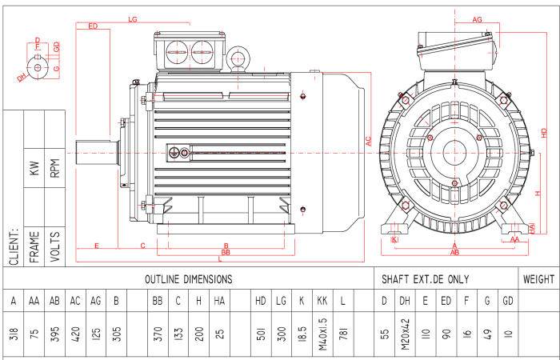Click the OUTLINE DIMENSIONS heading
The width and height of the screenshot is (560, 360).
pyautogui.click(x=188, y=279)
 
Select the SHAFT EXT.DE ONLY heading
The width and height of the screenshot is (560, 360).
pyautogui.click(x=426, y=279)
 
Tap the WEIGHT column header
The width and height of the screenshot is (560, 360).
pyautogui.click(x=538, y=279)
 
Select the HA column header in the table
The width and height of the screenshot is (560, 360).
pyautogui.click(x=219, y=302)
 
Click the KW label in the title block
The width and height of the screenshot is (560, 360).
pyautogui.click(x=34, y=168)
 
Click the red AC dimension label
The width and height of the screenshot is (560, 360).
pyautogui.click(x=369, y=141)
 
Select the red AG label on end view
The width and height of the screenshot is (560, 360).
pyautogui.click(x=477, y=18)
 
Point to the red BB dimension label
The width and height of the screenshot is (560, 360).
pyautogui.click(x=226, y=252)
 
